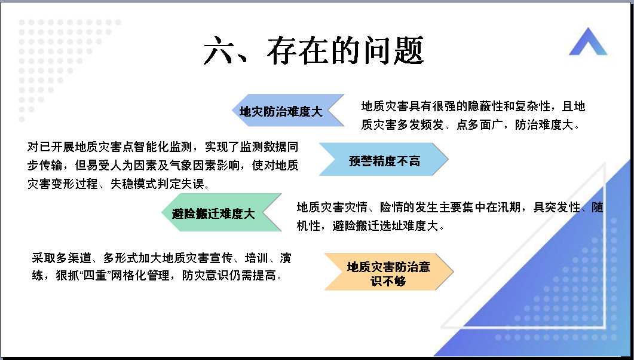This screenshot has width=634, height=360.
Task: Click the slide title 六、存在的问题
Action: pyautogui.click(x=313, y=50)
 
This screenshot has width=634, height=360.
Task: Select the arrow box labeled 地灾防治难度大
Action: pyautogui.click(x=288, y=111)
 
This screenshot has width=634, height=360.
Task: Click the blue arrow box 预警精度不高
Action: pyautogui.click(x=384, y=159)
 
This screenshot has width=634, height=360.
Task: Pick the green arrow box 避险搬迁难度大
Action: pyautogui.click(x=221, y=212)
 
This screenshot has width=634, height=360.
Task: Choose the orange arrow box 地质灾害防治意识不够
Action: pyautogui.click(x=388, y=272)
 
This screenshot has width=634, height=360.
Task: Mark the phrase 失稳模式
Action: pyautogui.click(x=134, y=184)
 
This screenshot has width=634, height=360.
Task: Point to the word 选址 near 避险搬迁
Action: pyautogui.click(x=391, y=225)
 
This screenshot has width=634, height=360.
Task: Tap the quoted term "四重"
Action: pyautogui.click(x=99, y=276)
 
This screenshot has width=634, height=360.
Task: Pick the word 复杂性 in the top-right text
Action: pyautogui.click(x=532, y=106)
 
